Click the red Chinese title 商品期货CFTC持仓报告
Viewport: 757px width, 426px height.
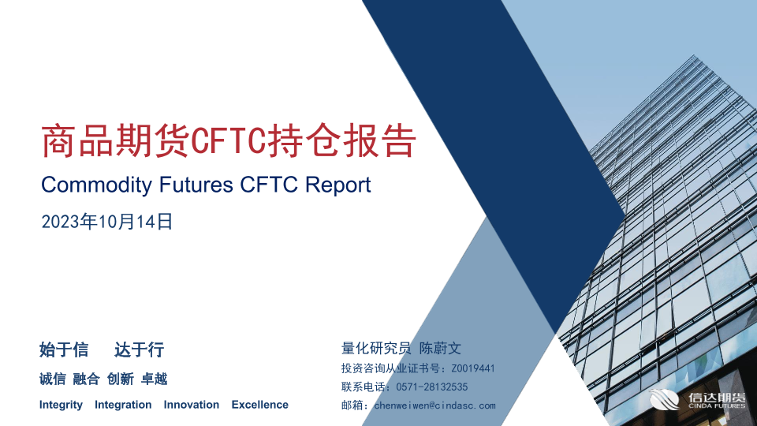[229, 140]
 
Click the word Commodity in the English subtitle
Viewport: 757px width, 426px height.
[96, 185]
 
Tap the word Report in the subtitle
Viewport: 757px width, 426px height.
[338, 185]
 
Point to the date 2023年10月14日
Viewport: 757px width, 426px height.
[107, 222]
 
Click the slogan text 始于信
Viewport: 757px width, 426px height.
[64, 349]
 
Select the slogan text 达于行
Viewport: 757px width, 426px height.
[140, 349]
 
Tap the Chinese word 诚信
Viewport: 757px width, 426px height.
[53, 379]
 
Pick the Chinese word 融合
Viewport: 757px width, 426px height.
[87, 379]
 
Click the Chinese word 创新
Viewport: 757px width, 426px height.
[120, 379]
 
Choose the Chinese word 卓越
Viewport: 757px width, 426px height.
[154, 379]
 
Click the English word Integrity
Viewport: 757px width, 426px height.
[61, 405]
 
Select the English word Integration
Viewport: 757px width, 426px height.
[123, 405]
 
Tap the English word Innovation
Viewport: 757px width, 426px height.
[191, 405]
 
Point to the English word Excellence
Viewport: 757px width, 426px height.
[259, 405]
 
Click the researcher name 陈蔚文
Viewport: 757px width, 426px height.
[440, 348]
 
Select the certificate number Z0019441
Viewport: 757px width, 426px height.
[473, 368]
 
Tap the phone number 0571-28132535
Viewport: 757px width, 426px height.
[431, 387]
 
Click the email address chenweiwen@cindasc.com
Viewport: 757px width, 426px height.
[435, 405]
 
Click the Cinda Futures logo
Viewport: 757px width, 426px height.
[698, 400]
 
